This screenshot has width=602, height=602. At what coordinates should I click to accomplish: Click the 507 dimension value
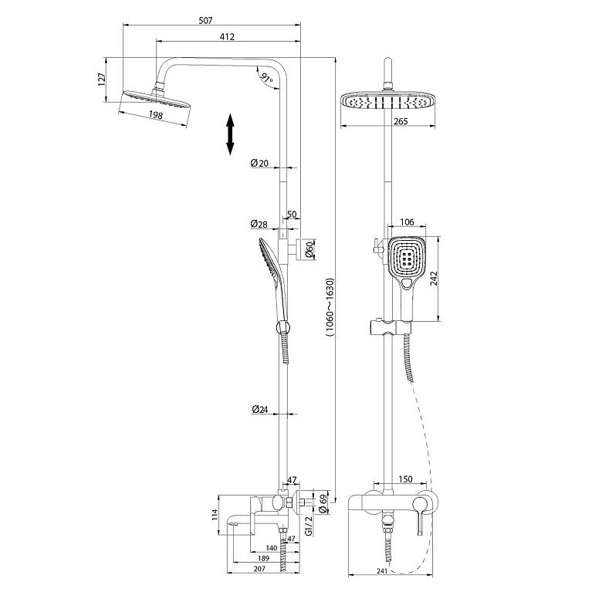click(x=205, y=20)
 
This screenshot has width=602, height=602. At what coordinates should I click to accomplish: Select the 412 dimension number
click(x=227, y=36)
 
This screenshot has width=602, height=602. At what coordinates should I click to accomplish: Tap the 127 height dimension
click(x=102, y=79)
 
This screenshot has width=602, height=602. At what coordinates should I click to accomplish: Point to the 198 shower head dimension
click(x=155, y=115)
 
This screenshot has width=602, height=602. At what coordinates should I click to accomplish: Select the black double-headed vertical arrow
click(x=230, y=134)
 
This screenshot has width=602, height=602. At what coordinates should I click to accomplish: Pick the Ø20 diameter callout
click(x=259, y=163)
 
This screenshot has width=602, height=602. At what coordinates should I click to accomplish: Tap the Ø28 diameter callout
click(x=259, y=224)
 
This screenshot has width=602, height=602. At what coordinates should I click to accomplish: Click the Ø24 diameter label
click(x=260, y=409)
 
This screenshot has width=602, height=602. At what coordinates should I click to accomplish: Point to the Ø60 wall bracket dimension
click(x=309, y=249)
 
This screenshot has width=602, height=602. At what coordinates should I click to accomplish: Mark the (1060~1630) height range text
click(x=330, y=307)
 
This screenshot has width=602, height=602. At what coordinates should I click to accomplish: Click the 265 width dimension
click(x=401, y=121)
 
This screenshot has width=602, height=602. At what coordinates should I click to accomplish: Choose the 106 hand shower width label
click(x=407, y=222)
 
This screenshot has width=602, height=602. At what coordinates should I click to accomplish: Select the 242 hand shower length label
click(x=434, y=279)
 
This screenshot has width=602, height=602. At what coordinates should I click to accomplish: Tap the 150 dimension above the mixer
click(x=405, y=479)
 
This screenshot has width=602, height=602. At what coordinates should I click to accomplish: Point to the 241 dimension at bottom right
click(x=381, y=571)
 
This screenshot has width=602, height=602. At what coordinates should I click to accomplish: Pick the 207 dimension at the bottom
click(x=259, y=569)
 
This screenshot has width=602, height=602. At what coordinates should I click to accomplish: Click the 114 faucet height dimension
click(x=215, y=515)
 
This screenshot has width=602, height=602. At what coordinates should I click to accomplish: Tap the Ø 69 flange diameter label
click(x=323, y=504)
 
